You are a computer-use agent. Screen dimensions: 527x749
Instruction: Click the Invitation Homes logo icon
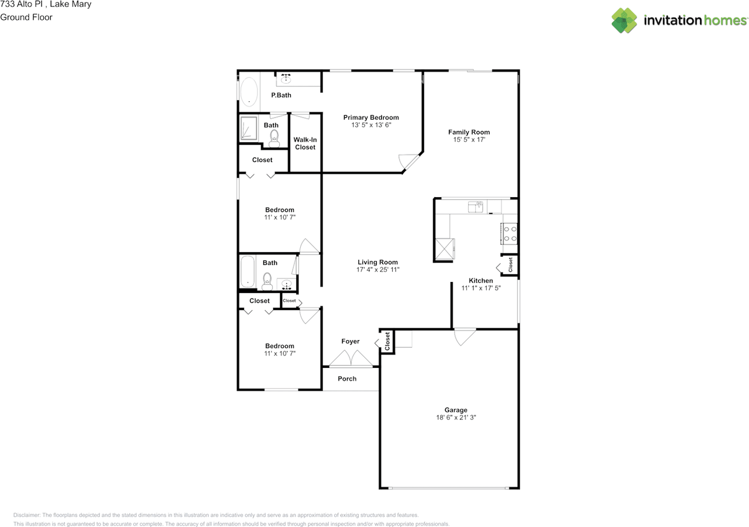[624, 20]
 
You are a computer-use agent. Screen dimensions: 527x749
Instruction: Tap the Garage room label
[455, 410]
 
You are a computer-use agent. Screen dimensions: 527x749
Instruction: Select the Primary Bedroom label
[371, 118]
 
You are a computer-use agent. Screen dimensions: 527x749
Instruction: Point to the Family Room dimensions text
[469, 140]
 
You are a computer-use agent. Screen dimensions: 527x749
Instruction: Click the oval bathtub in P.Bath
[249, 92]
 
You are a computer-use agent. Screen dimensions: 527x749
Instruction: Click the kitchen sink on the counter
[475, 206]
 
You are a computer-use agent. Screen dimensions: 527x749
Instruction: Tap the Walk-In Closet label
[305, 143]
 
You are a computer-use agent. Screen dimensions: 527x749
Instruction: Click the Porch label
[347, 378]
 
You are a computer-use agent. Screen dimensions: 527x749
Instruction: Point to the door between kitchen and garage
[465, 336]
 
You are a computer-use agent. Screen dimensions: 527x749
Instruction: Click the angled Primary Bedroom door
[408, 161]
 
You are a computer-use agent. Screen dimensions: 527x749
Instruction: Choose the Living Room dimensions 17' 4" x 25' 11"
[377, 270]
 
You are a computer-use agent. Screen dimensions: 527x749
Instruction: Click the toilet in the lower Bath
[267, 281]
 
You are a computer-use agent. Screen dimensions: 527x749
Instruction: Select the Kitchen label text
[481, 281]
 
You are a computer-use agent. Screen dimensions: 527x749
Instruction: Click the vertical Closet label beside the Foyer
[387, 341]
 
